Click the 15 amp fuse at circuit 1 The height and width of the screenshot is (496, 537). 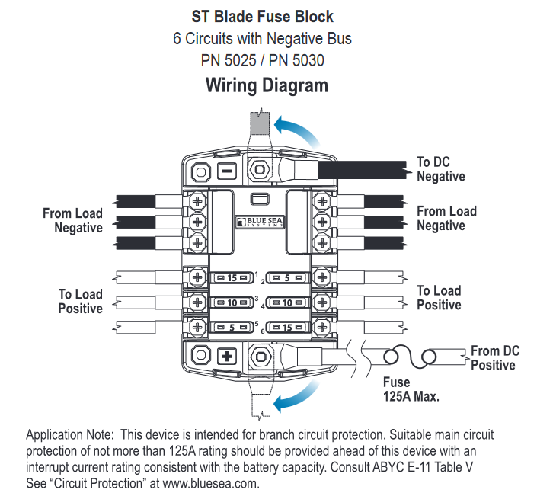[232, 277]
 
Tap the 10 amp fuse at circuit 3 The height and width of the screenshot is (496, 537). [232, 302]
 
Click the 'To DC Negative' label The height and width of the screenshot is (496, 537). [440, 169]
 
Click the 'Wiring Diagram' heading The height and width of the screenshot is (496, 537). [267, 85]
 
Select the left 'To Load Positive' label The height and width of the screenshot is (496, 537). [80, 301]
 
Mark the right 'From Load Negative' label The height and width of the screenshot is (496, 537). [446, 219]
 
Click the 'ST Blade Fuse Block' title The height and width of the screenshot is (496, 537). [267, 16]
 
